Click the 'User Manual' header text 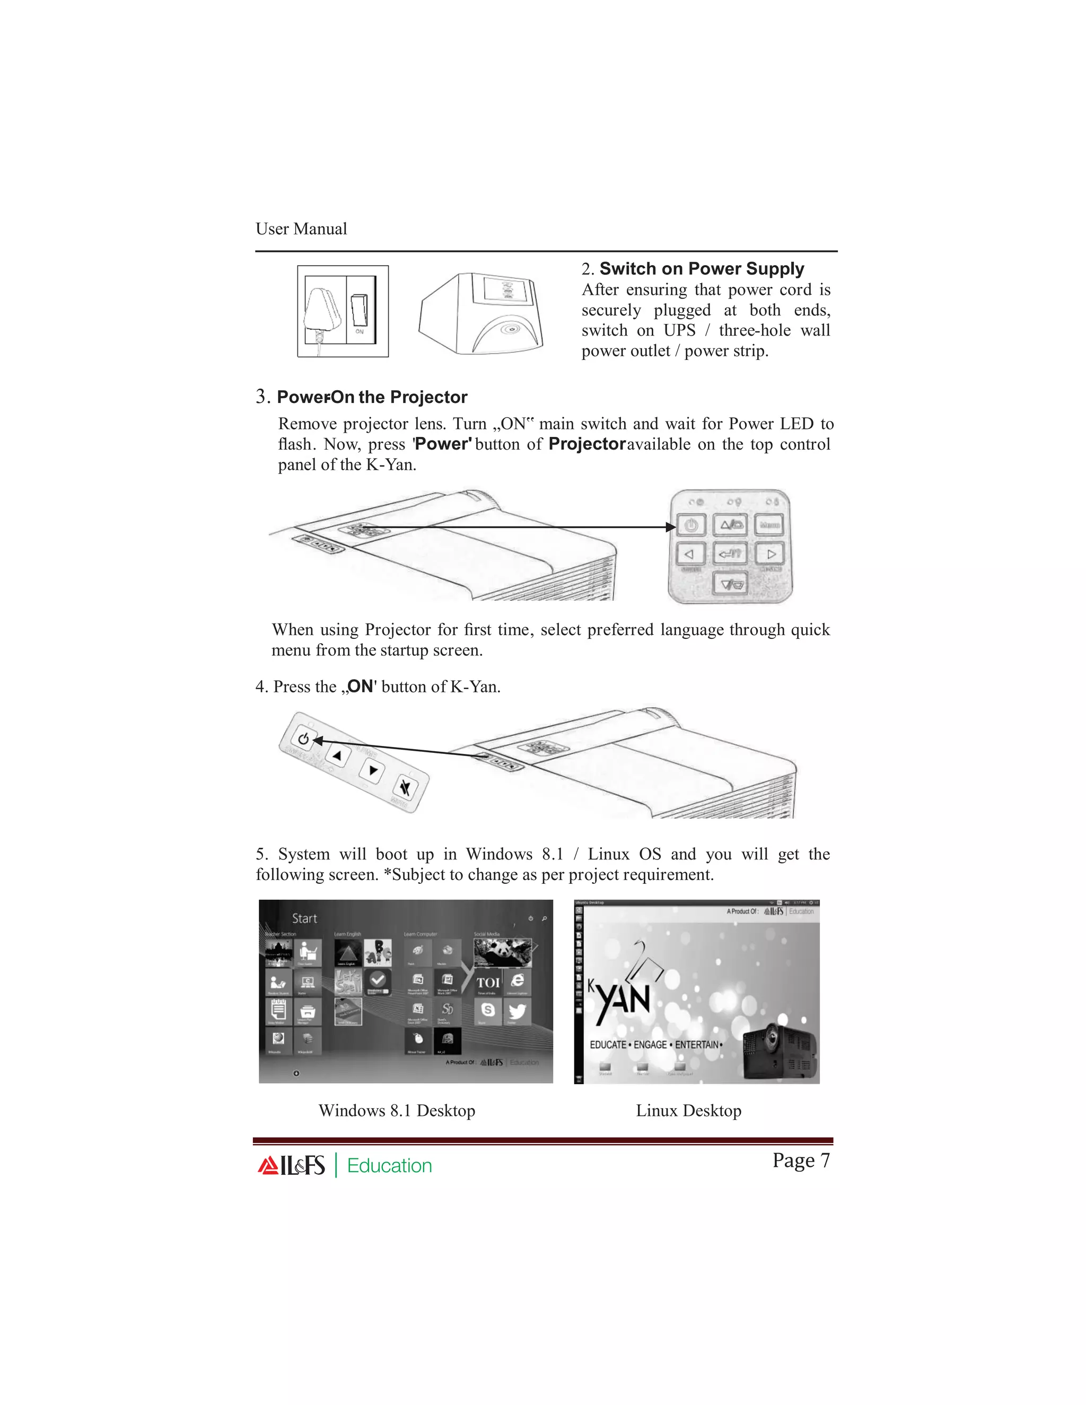click(x=301, y=229)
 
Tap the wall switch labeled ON click(x=360, y=310)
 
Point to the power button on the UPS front click(x=512, y=329)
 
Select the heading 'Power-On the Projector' click(x=371, y=397)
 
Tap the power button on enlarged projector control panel click(x=691, y=525)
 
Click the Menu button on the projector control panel click(x=769, y=525)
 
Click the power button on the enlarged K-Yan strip click(x=304, y=739)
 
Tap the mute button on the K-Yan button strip click(x=405, y=787)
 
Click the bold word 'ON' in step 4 click(x=360, y=687)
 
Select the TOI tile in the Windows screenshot click(x=488, y=983)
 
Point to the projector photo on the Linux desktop click(x=779, y=1050)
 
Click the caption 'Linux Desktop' click(x=688, y=1111)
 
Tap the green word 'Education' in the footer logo click(x=389, y=1166)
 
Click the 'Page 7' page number click(x=801, y=1160)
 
